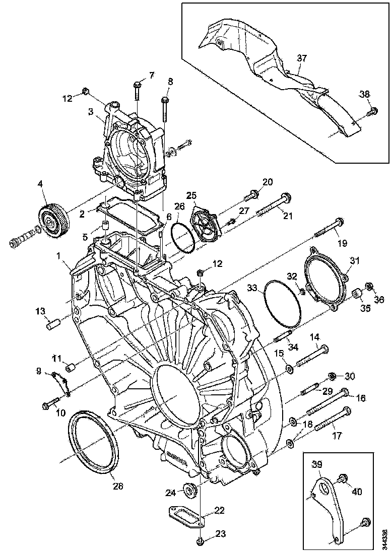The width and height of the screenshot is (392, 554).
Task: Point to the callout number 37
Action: [x=301, y=59]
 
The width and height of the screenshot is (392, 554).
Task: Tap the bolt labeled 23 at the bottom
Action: [x=200, y=542]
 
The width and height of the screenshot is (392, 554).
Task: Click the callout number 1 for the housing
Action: [x=59, y=256]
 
